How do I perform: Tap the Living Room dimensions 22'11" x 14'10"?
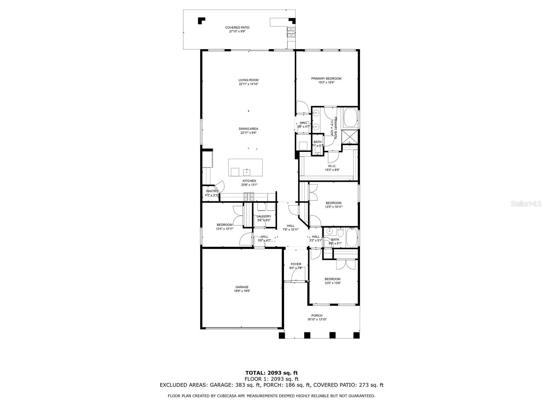(248, 84)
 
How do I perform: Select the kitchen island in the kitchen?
(245, 168)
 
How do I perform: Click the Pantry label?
(212, 191)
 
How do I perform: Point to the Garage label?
(242, 287)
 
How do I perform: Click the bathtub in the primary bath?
(350, 118)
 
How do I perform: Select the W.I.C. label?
(332, 166)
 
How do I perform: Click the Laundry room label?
(264, 216)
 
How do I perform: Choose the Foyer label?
(296, 264)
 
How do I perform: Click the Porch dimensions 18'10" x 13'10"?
(317, 319)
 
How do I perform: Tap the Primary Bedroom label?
(326, 78)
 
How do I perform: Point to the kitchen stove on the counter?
(249, 196)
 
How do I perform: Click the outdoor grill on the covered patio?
(291, 32)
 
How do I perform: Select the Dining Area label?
(248, 129)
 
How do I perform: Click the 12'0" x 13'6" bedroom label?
(332, 279)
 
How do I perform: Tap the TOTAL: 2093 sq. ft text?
(271, 373)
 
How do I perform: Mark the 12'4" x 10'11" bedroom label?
(225, 225)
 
